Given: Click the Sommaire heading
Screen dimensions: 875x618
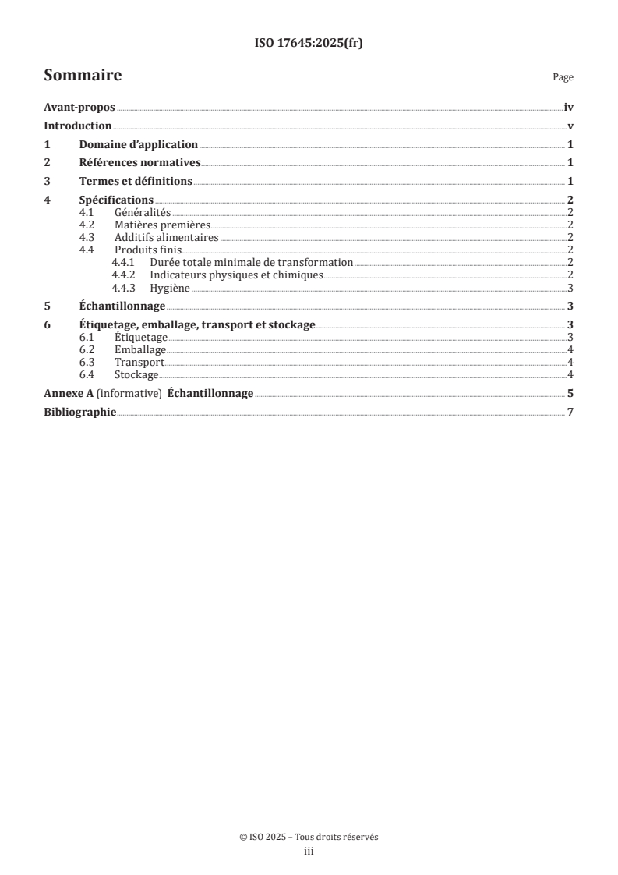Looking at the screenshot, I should tap(83, 76).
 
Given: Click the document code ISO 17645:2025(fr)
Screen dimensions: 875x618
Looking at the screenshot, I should tap(309, 44).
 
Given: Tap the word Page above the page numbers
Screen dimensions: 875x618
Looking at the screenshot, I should tap(563, 78).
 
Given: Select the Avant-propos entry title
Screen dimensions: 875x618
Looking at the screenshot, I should tap(79, 109).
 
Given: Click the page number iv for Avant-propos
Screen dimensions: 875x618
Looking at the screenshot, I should tap(569, 109).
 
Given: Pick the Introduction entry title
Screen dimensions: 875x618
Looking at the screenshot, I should tap(78, 126).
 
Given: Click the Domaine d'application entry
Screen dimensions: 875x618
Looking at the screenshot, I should tap(139, 145).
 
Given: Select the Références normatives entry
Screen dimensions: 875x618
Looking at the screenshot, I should tap(140, 163).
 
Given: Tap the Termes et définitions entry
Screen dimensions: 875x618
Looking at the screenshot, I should tap(136, 182).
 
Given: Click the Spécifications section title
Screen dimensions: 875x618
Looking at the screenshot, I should tap(116, 200).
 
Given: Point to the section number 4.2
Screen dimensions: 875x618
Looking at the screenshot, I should tap(88, 225).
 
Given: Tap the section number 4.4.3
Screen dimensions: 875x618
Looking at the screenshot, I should tap(124, 288).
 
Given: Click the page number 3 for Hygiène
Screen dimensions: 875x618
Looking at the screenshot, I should tap(570, 288).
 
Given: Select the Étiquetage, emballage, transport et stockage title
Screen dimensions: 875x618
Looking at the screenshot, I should tap(197, 325).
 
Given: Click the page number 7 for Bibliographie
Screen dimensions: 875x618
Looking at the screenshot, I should tap(570, 412).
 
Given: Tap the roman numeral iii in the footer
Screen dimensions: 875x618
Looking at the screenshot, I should tap(309, 852).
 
